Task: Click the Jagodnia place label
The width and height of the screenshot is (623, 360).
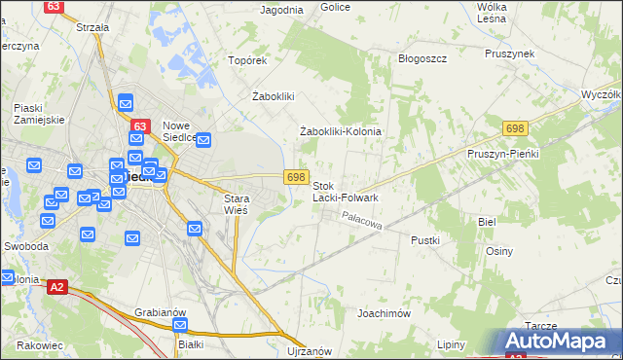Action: (x=282, y=10)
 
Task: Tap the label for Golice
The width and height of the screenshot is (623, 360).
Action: (x=335, y=7)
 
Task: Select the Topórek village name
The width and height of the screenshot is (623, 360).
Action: (x=247, y=60)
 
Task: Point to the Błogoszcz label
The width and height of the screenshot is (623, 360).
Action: (x=422, y=58)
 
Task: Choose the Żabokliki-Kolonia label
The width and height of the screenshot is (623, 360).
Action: (x=340, y=131)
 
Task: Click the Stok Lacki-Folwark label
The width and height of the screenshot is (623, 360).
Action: (x=345, y=191)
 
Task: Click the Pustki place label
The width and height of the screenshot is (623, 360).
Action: (x=425, y=239)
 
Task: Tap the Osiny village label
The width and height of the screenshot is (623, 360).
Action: (x=499, y=250)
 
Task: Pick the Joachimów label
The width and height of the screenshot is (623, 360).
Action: (x=385, y=314)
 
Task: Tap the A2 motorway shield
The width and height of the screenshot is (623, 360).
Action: (x=57, y=287)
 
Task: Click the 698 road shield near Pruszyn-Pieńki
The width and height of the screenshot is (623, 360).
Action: (x=515, y=128)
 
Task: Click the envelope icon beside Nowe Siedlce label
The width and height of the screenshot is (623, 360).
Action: (x=204, y=141)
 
